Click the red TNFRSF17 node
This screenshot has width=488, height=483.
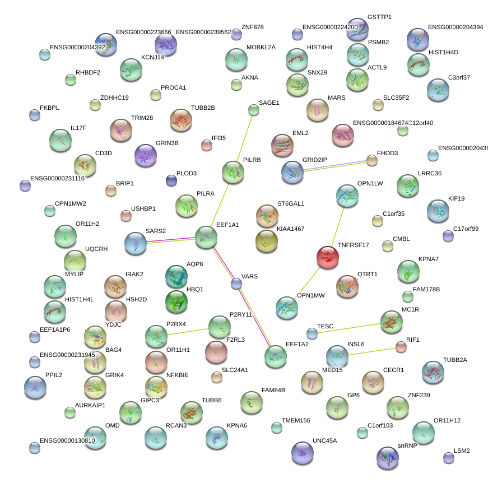(328, 257)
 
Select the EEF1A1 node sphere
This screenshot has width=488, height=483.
(206, 237)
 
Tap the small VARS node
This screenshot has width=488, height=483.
(236, 284)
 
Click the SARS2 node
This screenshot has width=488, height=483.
(135, 243)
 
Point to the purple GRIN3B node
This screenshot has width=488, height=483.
(146, 155)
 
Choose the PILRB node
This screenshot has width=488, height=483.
(233, 173)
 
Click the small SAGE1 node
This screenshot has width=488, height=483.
(254, 110)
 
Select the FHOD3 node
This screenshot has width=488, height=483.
(372, 161)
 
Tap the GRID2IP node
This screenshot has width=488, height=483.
(292, 172)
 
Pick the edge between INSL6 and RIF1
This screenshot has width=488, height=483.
(369, 351)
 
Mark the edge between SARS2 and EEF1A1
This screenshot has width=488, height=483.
(170, 240)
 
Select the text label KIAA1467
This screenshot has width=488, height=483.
(290, 229)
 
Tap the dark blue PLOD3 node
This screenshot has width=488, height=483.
(171, 180)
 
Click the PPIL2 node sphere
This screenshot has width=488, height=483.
(35, 386)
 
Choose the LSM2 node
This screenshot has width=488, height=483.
(448, 458)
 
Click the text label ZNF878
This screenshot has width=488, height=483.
(252, 27)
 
